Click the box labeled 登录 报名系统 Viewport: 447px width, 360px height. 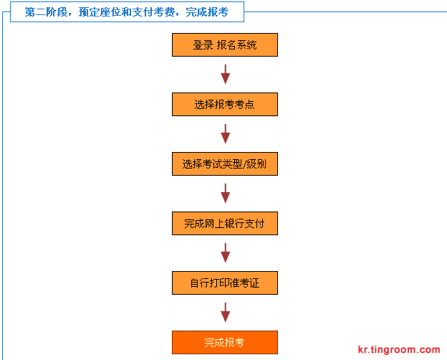[225, 45]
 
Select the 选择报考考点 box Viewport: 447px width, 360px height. [225, 104]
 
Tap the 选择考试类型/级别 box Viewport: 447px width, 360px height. [225, 164]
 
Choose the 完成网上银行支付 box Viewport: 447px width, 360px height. [225, 223]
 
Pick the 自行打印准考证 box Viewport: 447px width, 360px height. [225, 283]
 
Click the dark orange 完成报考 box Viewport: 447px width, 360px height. [225, 342]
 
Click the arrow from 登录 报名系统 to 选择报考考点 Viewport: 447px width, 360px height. [225, 75]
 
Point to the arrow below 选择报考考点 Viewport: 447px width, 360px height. [225, 134]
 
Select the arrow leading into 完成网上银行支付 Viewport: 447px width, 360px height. [225, 194]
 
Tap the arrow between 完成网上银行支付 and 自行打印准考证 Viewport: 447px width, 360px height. [225, 253]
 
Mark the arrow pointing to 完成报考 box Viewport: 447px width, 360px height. [225, 313]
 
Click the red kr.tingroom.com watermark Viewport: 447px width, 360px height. [399, 349]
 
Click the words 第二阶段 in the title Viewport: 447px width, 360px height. [46, 12]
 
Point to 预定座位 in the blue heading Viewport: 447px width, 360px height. [100, 12]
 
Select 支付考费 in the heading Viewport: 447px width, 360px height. [153, 12]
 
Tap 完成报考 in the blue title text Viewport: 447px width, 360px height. [207, 12]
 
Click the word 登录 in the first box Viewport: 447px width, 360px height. [203, 45]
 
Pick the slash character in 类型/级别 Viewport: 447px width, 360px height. [244, 164]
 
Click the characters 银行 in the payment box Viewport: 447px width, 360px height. [234, 224]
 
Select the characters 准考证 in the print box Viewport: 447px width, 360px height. [244, 283]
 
